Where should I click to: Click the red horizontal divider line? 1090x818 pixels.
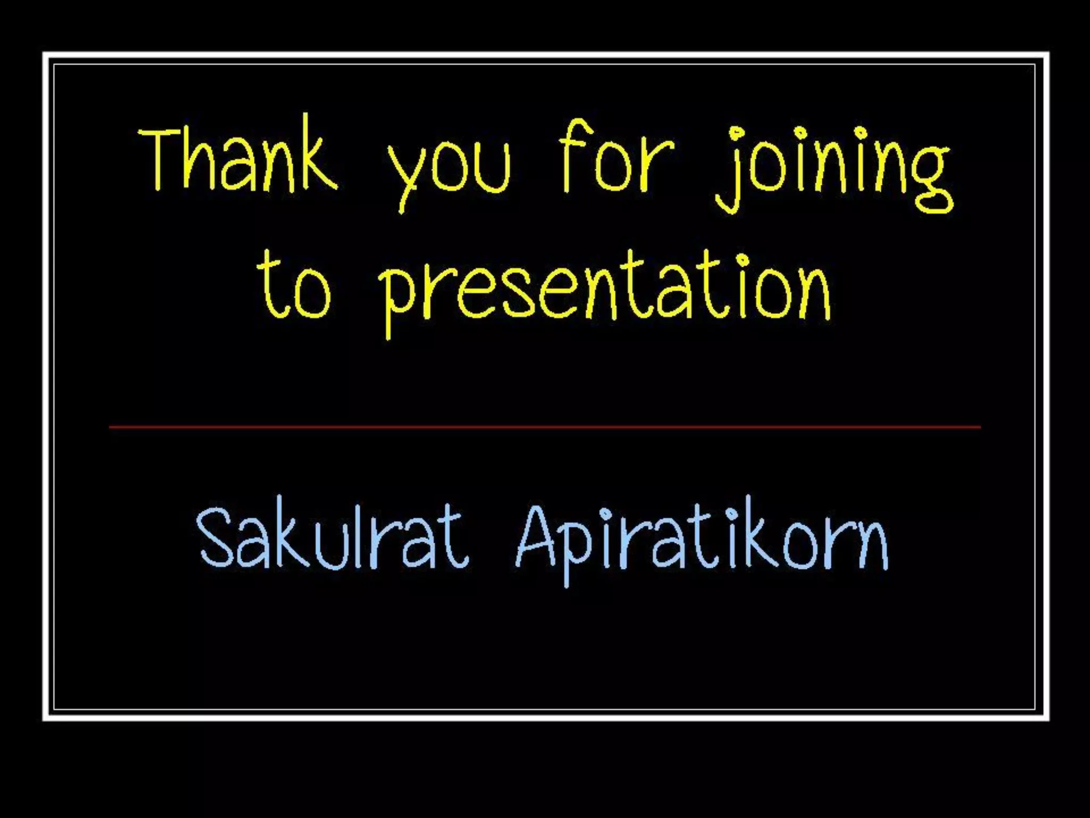tap(545, 427)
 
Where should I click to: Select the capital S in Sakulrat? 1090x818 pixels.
tap(216, 538)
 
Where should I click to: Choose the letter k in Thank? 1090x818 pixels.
tap(319, 158)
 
